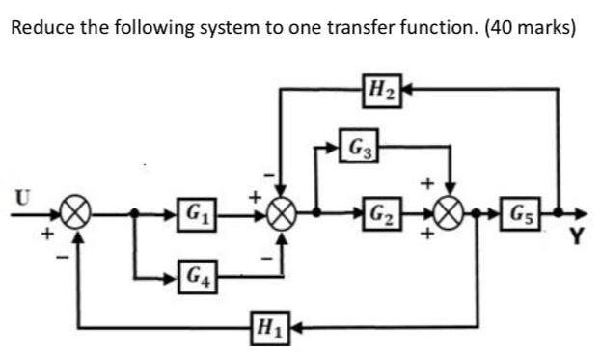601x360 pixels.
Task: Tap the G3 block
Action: [x=357, y=149]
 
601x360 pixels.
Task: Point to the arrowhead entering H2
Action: [x=405, y=88]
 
